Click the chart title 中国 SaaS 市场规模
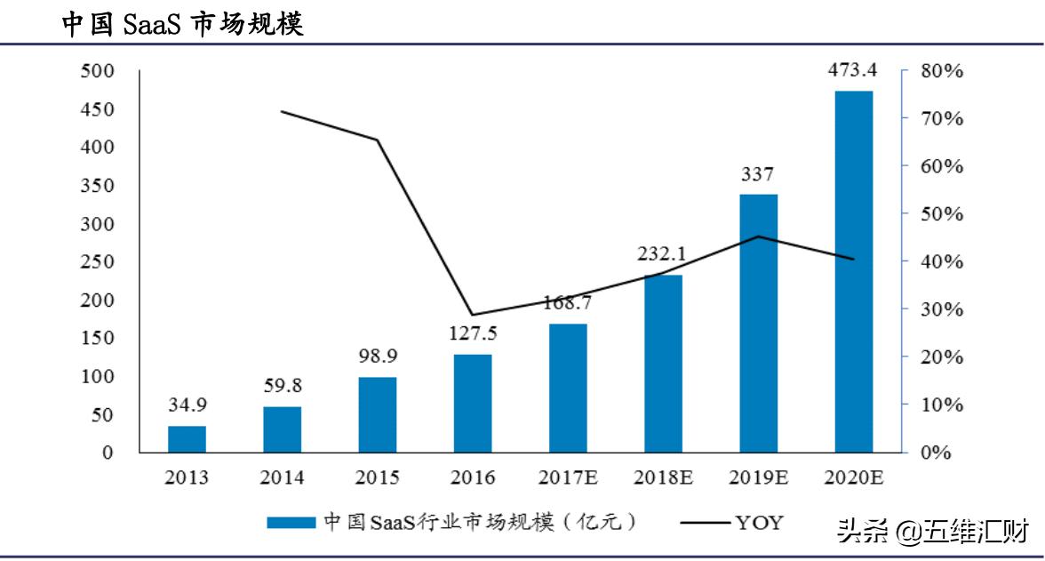coord(182,23)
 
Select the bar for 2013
coord(187,439)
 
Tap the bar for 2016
coord(473,404)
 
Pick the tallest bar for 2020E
coord(854,271)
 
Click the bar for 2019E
coord(758,324)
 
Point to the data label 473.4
coord(854,71)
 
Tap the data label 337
coord(758,174)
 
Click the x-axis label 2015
coord(378,477)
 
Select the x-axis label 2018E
coord(663,477)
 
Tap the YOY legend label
coord(760,522)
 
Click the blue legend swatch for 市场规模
coord(291,523)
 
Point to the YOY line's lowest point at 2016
coord(473,315)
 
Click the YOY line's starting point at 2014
coord(282,111)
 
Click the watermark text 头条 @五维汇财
coord(932,533)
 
